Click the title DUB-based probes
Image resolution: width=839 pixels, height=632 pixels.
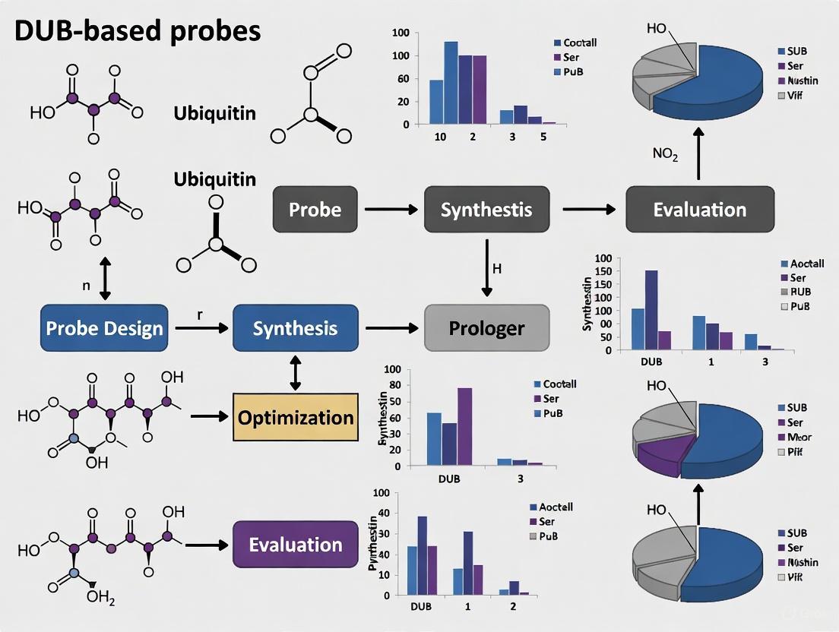[x=138, y=31]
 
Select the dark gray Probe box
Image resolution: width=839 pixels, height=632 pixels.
[x=315, y=210]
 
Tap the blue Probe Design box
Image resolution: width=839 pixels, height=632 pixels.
[x=104, y=328]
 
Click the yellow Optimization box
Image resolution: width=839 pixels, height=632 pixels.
[x=295, y=417]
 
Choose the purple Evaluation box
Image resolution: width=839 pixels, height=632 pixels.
[x=295, y=545]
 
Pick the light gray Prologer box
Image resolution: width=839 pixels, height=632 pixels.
[x=486, y=328]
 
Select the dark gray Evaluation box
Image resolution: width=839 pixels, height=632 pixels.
[x=699, y=210]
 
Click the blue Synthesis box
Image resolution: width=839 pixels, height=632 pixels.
[x=295, y=328]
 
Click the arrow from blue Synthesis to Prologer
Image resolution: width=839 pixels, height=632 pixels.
[x=391, y=328]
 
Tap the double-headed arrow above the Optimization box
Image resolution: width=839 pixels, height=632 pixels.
[x=295, y=372]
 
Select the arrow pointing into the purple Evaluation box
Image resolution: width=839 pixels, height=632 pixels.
[x=207, y=545]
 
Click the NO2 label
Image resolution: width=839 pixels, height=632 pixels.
[x=665, y=154]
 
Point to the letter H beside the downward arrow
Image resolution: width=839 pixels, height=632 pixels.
[x=497, y=269]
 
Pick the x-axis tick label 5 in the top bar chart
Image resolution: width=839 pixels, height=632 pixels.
[x=543, y=137]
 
